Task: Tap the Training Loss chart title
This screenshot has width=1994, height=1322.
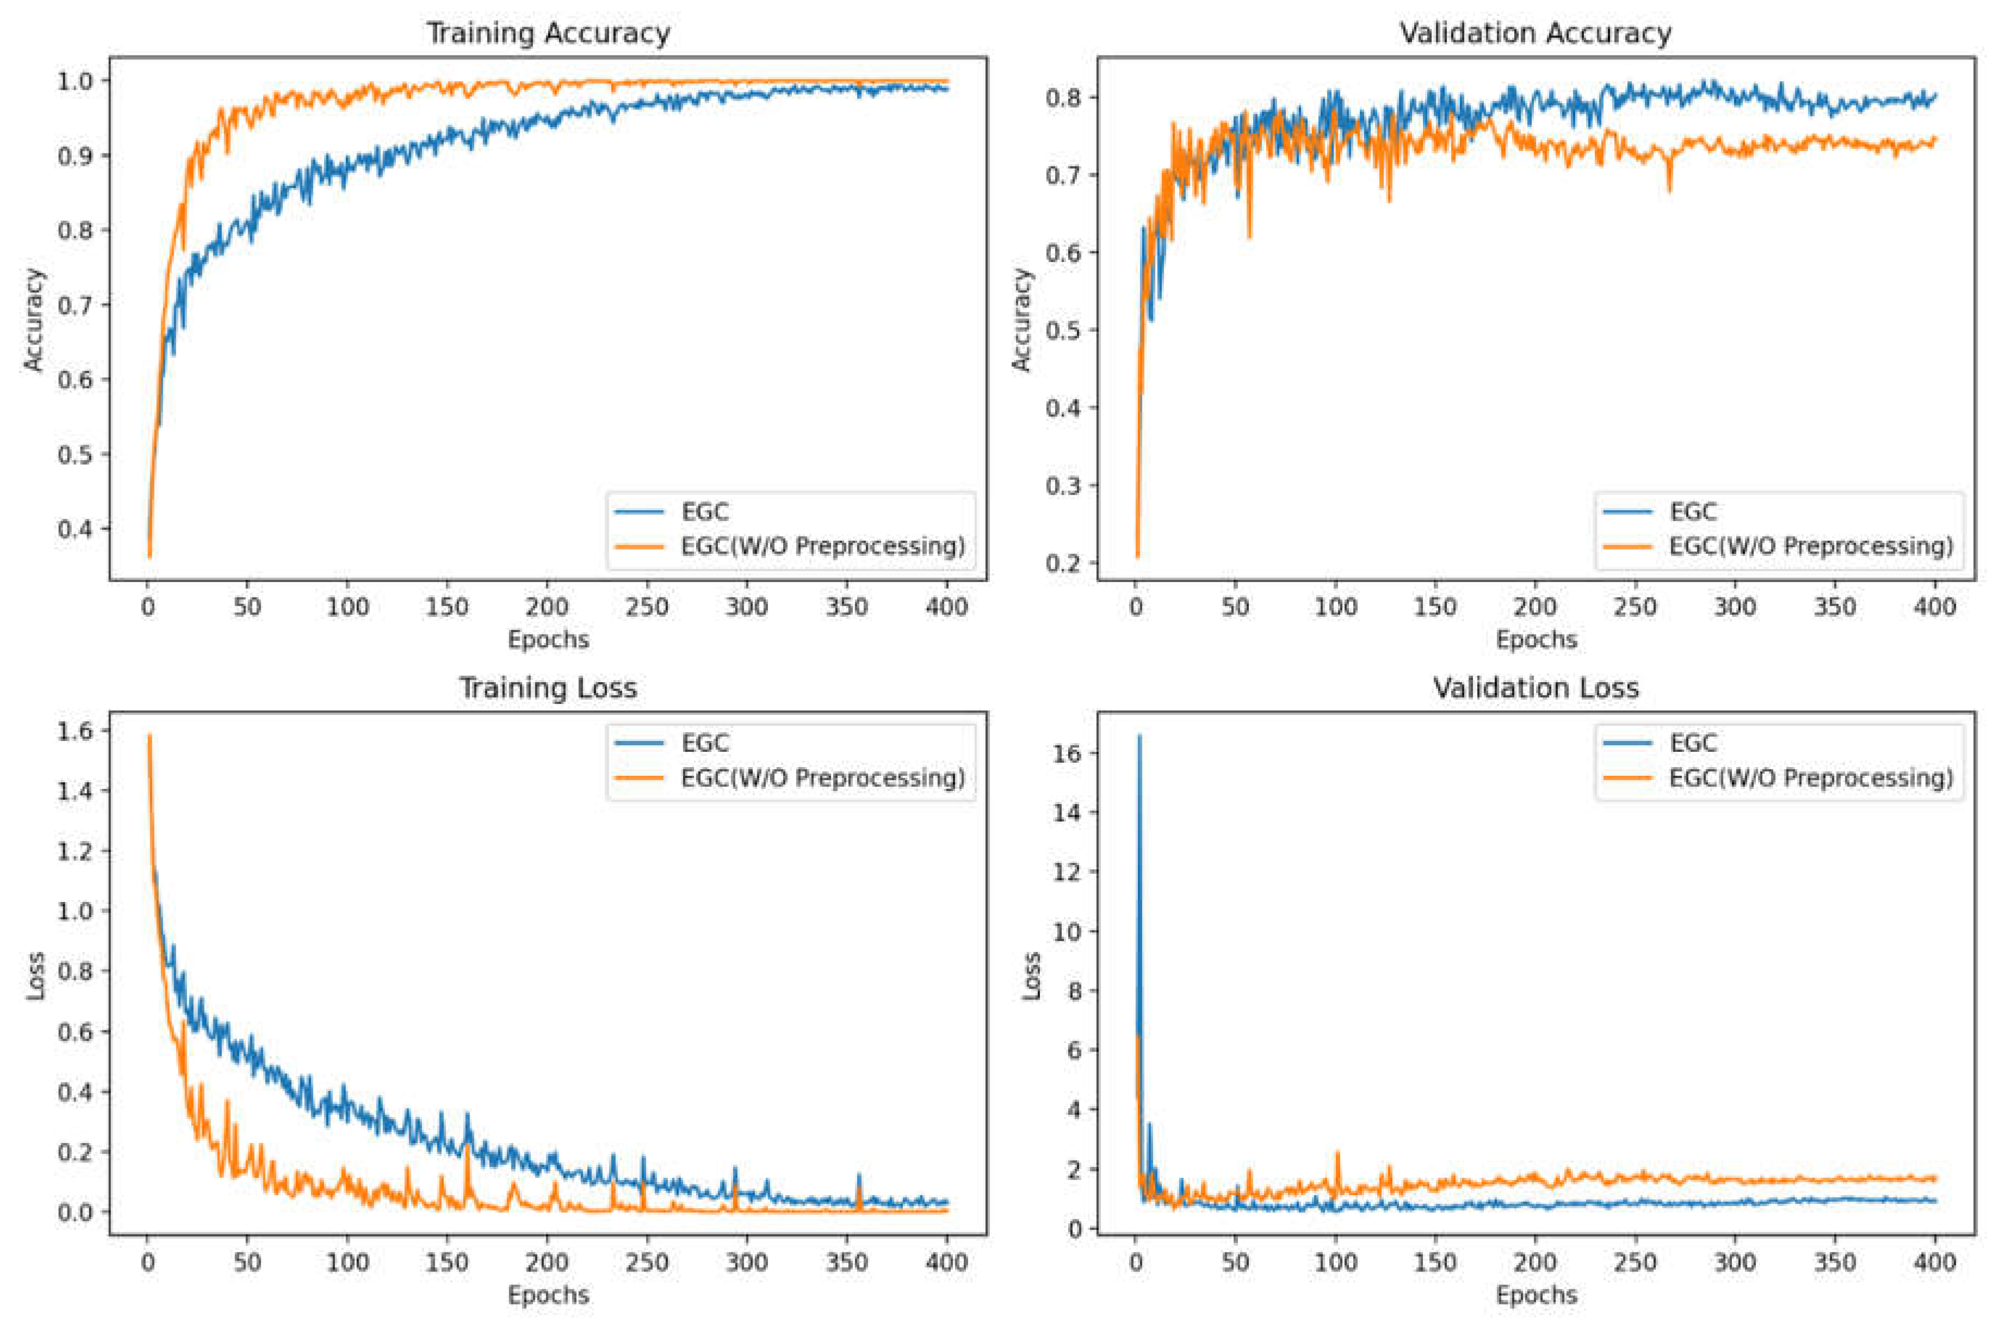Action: pyautogui.click(x=548, y=688)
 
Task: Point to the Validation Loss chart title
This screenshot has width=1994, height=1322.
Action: pyautogui.click(x=1535, y=688)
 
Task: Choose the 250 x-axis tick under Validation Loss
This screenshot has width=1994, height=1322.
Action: pyautogui.click(x=1636, y=1262)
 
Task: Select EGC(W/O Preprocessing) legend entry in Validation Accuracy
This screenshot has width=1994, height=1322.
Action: pyautogui.click(x=1810, y=546)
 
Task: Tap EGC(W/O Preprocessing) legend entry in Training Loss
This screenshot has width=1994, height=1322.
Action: pyautogui.click(x=822, y=777)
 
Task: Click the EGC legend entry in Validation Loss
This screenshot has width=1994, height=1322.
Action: pyautogui.click(x=1693, y=743)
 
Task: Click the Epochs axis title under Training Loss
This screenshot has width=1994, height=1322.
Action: pyautogui.click(x=548, y=1295)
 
